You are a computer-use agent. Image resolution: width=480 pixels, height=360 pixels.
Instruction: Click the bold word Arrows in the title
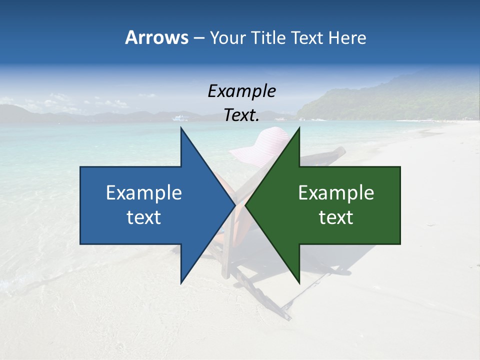pyautogui.click(x=156, y=37)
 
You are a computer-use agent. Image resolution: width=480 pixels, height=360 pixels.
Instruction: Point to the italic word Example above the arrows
pyautogui.click(x=241, y=91)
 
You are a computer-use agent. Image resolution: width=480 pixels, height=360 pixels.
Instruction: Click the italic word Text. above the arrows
pyautogui.click(x=241, y=115)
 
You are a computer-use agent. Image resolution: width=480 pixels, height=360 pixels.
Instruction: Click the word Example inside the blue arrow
pyautogui.click(x=144, y=193)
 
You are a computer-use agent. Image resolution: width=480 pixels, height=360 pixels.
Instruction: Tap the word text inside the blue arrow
pyautogui.click(x=144, y=217)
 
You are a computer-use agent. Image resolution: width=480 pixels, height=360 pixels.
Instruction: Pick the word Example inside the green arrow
pyautogui.click(x=336, y=193)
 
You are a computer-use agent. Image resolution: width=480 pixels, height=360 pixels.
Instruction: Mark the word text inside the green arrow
pyautogui.click(x=336, y=217)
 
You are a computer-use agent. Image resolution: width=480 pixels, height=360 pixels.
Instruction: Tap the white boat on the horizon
pyautogui.click(x=180, y=118)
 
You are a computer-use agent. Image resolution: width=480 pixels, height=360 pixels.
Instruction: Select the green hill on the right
pyautogui.click(x=400, y=100)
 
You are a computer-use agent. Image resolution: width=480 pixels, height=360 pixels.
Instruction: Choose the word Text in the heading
pyautogui.click(x=307, y=37)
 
